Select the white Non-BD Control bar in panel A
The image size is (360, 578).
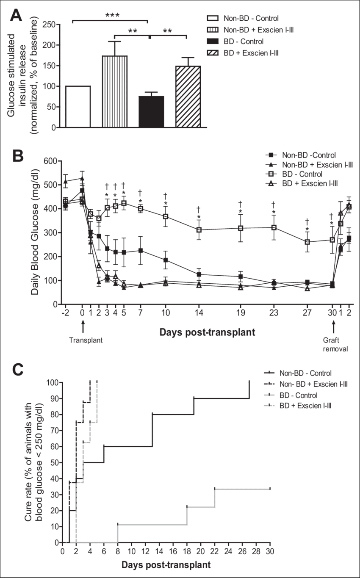pos(79,106)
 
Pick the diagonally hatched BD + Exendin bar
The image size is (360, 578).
pos(188,96)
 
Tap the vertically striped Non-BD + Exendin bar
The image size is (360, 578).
pos(115,91)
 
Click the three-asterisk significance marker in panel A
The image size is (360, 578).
pos(110,17)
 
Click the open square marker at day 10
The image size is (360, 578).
pos(166,217)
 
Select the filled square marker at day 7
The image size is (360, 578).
pos(140,251)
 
